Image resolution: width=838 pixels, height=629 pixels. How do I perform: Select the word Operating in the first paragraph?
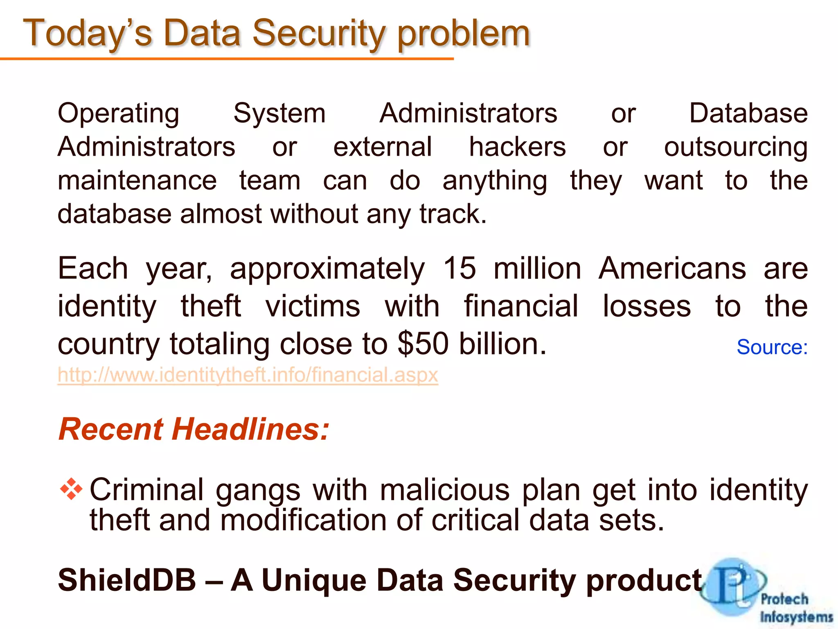(118, 114)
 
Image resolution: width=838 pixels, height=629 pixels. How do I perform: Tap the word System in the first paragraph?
(279, 114)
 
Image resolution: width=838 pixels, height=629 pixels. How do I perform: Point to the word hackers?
(517, 147)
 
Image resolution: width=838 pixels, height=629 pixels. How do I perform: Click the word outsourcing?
(735, 148)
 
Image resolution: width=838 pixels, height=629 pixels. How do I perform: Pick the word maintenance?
(137, 181)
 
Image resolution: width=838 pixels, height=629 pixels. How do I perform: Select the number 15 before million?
(460, 269)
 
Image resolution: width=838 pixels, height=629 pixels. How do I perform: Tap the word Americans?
(672, 269)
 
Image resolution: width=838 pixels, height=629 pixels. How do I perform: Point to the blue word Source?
(772, 347)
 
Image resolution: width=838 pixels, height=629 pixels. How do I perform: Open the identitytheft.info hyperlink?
(248, 375)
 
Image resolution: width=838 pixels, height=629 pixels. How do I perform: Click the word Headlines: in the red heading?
(250, 429)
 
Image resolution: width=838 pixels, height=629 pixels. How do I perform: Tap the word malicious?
(444, 490)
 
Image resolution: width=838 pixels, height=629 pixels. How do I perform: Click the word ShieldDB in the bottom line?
(127, 580)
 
